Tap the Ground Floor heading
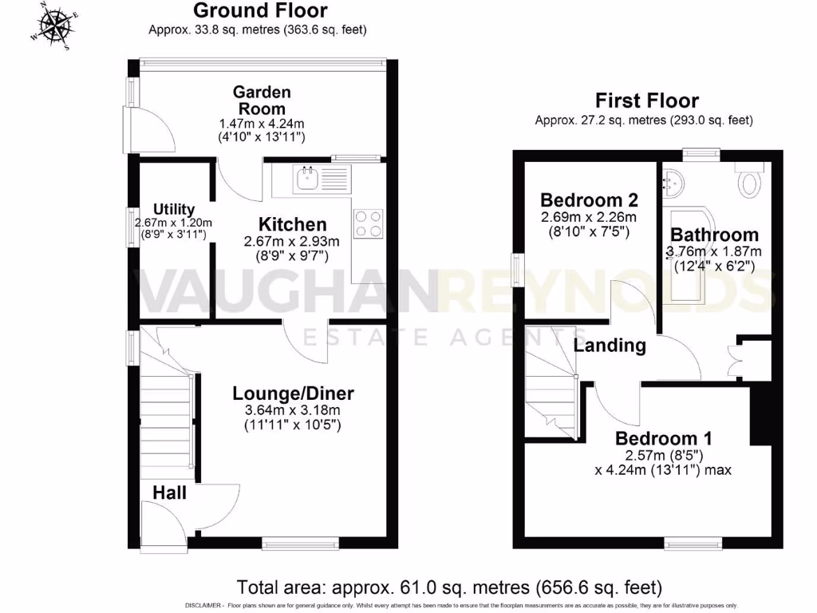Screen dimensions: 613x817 click(x=260, y=11)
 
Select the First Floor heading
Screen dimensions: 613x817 click(x=647, y=101)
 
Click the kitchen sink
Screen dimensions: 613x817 click(x=308, y=179)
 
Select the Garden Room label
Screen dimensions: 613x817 click(x=261, y=101)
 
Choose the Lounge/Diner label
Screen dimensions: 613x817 click(x=293, y=393)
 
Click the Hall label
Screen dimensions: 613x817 click(x=168, y=492)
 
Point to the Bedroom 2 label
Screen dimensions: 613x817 click(x=589, y=200)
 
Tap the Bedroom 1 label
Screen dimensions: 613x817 click(x=663, y=438)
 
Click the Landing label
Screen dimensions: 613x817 click(x=610, y=346)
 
